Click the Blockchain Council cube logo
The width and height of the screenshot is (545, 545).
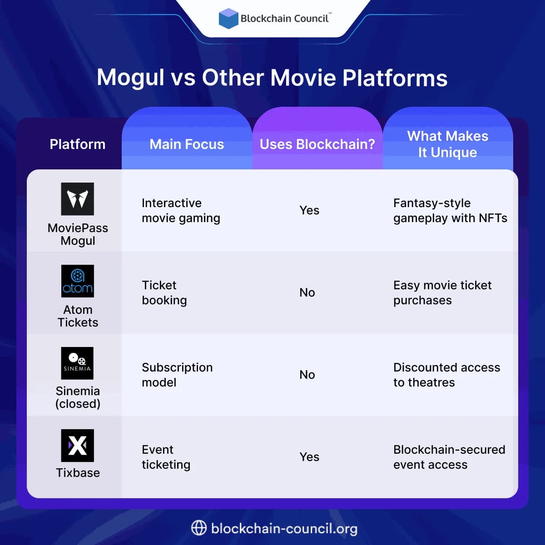(x=228, y=19)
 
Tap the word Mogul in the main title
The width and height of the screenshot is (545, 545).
(x=130, y=78)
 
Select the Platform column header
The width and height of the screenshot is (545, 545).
(x=77, y=144)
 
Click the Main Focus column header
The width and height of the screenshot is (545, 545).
(x=187, y=144)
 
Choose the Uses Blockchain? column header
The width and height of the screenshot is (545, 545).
(x=317, y=144)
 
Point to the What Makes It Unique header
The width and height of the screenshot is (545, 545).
(x=447, y=144)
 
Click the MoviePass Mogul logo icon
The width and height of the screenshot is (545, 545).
(x=78, y=199)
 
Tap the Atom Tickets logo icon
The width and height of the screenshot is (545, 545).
(x=78, y=281)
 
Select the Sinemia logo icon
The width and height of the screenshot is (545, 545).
(x=78, y=363)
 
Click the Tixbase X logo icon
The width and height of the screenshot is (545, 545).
(x=78, y=446)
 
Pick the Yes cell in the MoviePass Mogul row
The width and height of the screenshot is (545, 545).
(x=309, y=210)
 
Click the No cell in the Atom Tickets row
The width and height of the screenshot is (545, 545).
(x=307, y=292)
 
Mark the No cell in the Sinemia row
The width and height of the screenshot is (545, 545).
(x=307, y=375)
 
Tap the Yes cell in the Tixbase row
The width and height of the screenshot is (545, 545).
(x=309, y=457)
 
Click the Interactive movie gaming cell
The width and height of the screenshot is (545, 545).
(x=181, y=210)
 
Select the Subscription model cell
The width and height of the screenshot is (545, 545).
(x=177, y=375)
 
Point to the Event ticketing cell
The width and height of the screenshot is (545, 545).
(x=166, y=457)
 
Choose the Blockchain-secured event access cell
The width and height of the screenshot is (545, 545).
(x=449, y=457)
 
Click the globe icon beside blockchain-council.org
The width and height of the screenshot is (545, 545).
(x=199, y=528)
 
